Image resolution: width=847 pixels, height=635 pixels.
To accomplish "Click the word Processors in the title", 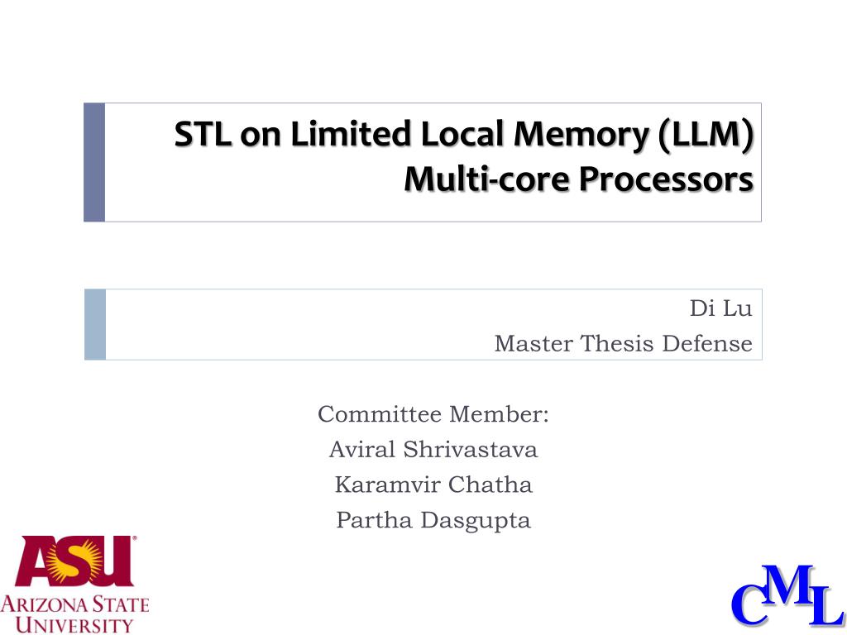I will (x=666, y=179).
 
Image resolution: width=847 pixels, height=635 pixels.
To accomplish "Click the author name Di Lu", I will (x=720, y=309).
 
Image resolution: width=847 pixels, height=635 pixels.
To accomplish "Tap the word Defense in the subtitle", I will (x=707, y=342).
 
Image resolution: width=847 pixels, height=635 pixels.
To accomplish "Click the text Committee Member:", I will (x=433, y=413).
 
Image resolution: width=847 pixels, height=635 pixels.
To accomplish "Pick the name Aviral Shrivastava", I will (x=433, y=449).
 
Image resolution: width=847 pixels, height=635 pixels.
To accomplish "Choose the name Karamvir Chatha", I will (x=433, y=485).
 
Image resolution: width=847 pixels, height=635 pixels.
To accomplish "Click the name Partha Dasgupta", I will (x=433, y=520).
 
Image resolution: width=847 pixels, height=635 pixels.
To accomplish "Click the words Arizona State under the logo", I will (x=74, y=604).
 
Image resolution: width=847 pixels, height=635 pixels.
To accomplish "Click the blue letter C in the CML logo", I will (x=750, y=607).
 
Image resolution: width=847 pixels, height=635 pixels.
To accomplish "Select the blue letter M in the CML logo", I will (x=791, y=586).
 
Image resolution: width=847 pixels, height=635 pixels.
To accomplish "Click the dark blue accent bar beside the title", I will (x=94, y=162).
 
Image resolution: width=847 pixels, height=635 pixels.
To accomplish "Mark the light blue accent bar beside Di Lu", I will (x=95, y=324).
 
